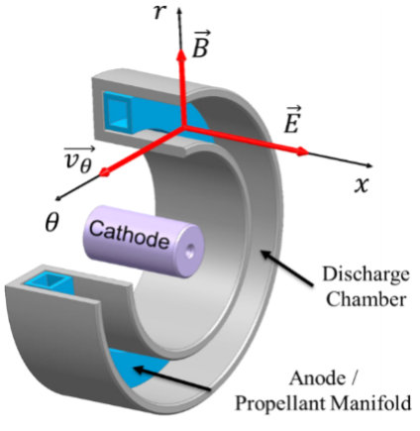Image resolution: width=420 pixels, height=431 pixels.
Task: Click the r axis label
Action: click(x=158, y=13)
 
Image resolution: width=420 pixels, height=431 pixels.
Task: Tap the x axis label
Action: click(x=362, y=185)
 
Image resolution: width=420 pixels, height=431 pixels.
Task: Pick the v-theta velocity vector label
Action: click(x=79, y=160)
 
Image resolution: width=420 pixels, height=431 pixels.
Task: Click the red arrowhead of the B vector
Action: click(x=181, y=54)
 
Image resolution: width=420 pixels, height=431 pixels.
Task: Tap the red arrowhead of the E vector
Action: click(x=302, y=152)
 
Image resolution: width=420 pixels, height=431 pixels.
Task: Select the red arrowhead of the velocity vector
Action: click(x=105, y=172)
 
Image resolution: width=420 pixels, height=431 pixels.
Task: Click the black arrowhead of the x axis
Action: click(x=369, y=165)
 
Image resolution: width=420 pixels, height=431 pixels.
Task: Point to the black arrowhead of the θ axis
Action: click(x=59, y=197)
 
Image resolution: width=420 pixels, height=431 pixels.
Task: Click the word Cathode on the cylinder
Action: click(x=129, y=235)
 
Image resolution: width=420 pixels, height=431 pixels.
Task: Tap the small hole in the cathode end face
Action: click(x=189, y=253)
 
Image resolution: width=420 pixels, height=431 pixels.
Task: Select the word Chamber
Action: click(x=366, y=299)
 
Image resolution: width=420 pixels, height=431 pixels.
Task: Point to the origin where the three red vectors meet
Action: click(x=183, y=127)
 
